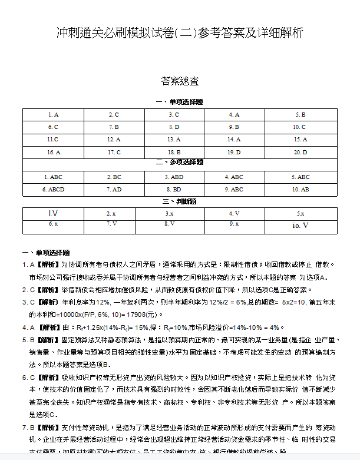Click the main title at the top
pyautogui.click(x=180, y=33)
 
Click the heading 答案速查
pyautogui.click(x=180, y=81)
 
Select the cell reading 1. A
pyautogui.click(x=52, y=115)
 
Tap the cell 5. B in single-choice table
pyautogui.click(x=300, y=115)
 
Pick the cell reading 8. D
pyautogui.click(x=174, y=127)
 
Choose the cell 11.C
pyautogui.click(x=52, y=140)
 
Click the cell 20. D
pyautogui.click(x=300, y=153)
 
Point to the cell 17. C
pyautogui.click(x=114, y=153)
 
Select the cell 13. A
pyautogui.click(x=174, y=140)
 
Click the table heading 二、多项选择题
pyautogui.click(x=180, y=162)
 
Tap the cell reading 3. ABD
pyautogui.click(x=174, y=177)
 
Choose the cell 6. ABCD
pyautogui.click(x=52, y=190)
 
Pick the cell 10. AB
pyautogui.click(x=300, y=190)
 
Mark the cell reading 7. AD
pyautogui.click(x=114, y=190)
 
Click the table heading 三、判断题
pyautogui.click(x=180, y=201)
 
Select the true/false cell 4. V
pyautogui.click(x=235, y=214)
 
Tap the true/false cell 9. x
pyautogui.click(x=235, y=224)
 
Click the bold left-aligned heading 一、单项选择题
pyautogui.click(x=46, y=252)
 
